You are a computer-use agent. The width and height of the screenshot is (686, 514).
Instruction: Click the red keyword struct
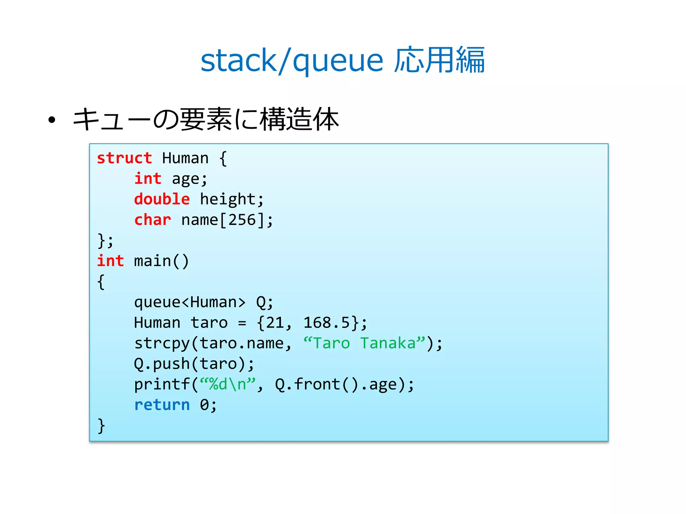click(124, 158)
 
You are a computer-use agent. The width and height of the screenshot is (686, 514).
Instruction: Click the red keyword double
click(162, 199)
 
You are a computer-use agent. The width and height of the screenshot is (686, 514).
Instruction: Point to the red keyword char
click(152, 220)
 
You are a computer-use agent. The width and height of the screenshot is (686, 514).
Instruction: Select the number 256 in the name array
click(242, 220)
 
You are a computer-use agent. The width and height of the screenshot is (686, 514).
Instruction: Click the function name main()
click(161, 261)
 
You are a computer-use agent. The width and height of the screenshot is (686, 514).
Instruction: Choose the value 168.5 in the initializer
click(327, 323)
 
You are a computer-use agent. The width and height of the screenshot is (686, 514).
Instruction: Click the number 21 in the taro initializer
click(275, 323)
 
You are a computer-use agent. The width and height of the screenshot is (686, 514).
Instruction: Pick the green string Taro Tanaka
click(364, 343)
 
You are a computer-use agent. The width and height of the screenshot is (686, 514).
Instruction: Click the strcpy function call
click(162, 344)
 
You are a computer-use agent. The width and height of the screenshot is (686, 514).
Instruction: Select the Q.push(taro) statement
click(194, 364)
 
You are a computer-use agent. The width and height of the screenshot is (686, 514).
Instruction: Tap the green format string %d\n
click(228, 384)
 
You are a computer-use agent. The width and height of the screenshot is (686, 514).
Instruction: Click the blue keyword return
click(162, 405)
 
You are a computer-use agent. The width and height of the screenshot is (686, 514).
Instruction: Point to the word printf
click(162, 384)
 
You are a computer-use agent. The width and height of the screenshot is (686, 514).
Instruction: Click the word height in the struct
click(228, 199)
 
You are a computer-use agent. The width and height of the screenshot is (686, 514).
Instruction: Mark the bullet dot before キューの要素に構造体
click(52, 120)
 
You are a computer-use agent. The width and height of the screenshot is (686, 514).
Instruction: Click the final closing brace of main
click(101, 426)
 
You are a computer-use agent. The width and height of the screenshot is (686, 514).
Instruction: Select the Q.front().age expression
click(340, 384)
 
